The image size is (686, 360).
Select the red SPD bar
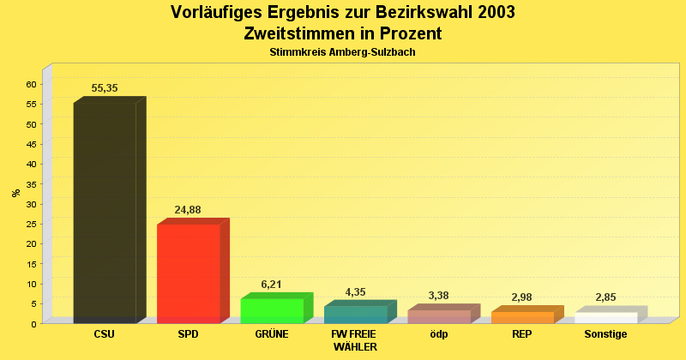(189, 273)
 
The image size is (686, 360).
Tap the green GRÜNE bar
(272, 310)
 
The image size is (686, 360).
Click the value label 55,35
(105, 88)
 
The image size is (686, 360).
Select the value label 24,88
(188, 210)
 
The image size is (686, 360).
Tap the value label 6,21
(271, 285)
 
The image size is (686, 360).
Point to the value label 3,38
(438, 296)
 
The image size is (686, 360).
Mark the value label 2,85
(605, 297)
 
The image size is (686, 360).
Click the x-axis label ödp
(438, 334)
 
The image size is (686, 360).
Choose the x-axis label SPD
(188, 334)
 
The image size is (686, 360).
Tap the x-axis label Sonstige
(605, 334)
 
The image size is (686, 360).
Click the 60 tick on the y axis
(31, 84)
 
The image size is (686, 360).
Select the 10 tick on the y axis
(31, 284)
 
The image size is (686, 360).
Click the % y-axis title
(15, 193)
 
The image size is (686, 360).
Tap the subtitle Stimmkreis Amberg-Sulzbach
(342, 52)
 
